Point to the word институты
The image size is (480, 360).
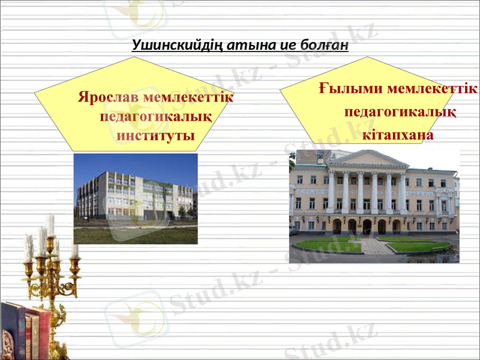click(x=155, y=135)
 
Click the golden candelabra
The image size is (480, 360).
click(x=51, y=270)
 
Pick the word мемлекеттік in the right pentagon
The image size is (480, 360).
click(x=431, y=89)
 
